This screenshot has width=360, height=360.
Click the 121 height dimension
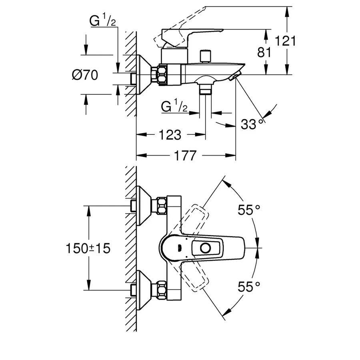(x=285, y=41)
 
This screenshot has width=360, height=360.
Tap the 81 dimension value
(x=264, y=52)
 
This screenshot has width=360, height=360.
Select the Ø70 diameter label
(x=85, y=75)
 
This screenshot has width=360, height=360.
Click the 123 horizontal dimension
(x=170, y=135)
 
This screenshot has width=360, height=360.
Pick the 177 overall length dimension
(x=185, y=156)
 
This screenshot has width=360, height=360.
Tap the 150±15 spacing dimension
(x=88, y=248)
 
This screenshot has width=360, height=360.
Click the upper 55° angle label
(x=249, y=210)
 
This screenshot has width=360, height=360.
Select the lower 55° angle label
(x=249, y=286)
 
